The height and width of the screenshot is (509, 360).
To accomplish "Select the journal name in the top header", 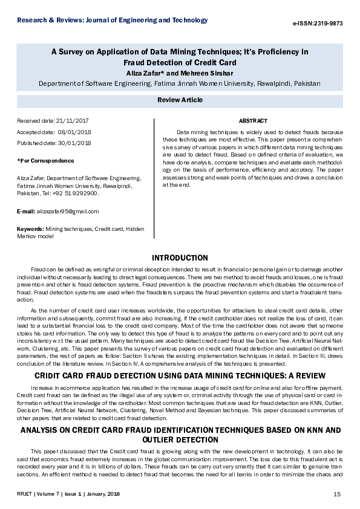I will click(113, 21).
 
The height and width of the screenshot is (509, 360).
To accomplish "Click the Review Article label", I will click(180, 100).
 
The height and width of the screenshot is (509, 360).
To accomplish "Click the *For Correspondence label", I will click(46, 161).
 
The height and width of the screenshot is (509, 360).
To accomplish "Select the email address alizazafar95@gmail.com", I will click(67, 212).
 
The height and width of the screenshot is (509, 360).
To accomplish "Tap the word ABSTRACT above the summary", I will click(253, 121).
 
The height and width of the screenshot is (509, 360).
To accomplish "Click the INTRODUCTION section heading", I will click(180, 258).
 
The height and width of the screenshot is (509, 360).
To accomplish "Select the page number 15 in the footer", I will click(337, 494).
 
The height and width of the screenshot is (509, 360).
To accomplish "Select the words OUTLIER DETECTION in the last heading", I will click(180, 423).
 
